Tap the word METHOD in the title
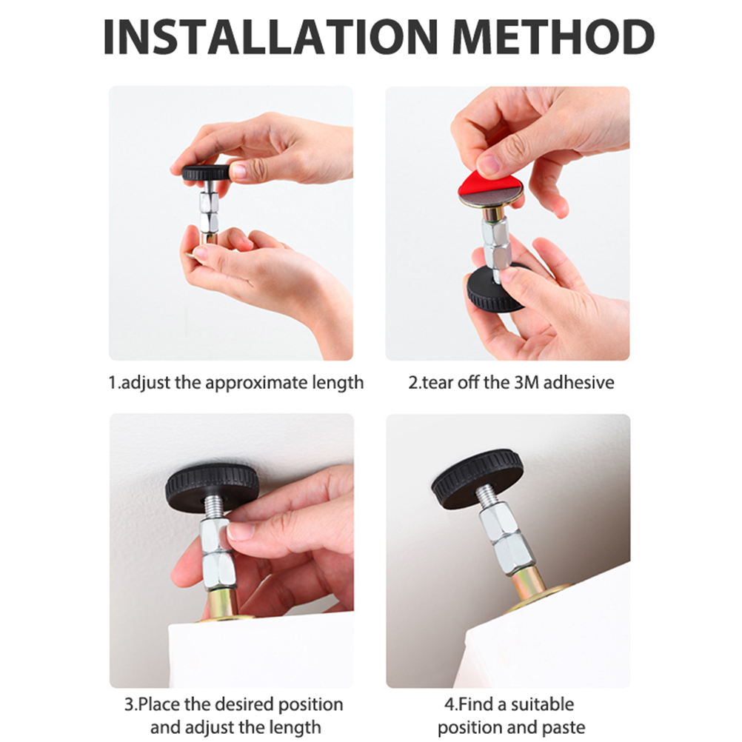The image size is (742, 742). pyautogui.click(x=553, y=36)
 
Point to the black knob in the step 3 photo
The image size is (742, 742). pyautogui.click(x=212, y=487)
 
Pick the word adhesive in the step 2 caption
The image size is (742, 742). pyautogui.click(x=578, y=382)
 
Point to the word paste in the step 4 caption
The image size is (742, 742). pyautogui.click(x=561, y=728)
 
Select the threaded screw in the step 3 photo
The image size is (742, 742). pyautogui.click(x=215, y=508)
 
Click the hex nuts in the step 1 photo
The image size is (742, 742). pyautogui.click(x=208, y=211)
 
